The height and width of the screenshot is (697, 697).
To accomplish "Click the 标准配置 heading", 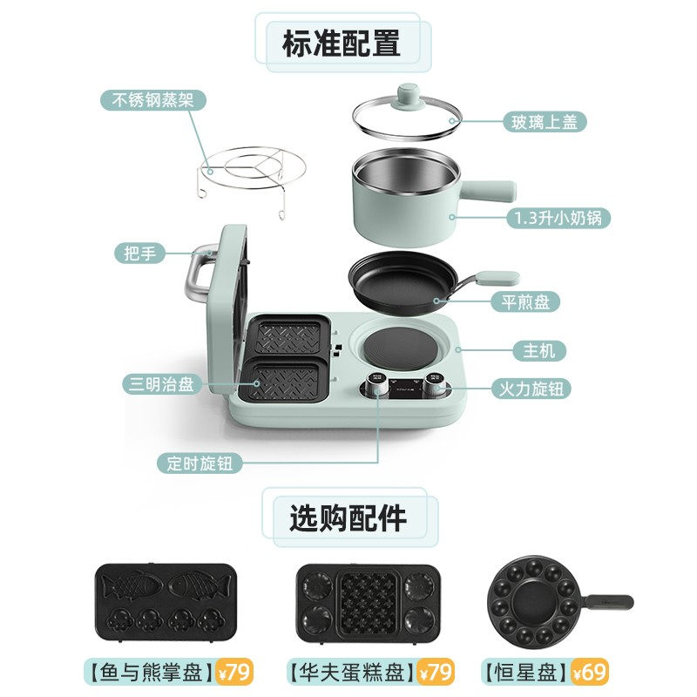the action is tap(342, 43).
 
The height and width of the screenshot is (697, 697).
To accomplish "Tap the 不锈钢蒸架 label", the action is tap(153, 100).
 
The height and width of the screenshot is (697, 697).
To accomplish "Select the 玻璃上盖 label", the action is tap(545, 122).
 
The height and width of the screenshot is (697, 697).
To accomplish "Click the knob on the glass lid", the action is tap(407, 96).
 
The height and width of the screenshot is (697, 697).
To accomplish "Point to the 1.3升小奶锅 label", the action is tap(558, 218).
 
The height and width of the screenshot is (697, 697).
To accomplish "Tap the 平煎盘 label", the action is tap(525, 302).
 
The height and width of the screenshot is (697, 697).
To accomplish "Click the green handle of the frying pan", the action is tap(497, 278).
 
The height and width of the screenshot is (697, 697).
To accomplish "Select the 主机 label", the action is tap(539, 351).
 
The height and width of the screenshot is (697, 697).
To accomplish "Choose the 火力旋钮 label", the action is tap(531, 389).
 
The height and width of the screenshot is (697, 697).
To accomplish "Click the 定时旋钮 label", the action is tap(200, 464).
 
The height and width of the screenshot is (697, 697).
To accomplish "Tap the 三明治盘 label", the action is tap(161, 384).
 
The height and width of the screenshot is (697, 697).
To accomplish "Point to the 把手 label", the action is tap(139, 254).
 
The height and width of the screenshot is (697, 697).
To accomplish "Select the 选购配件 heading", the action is tap(348, 518).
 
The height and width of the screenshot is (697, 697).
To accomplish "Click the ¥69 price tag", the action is tap(590, 672).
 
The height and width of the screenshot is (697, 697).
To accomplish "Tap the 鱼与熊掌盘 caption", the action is tap(151, 672).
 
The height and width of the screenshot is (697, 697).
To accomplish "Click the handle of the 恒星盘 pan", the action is tap(609, 602).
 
